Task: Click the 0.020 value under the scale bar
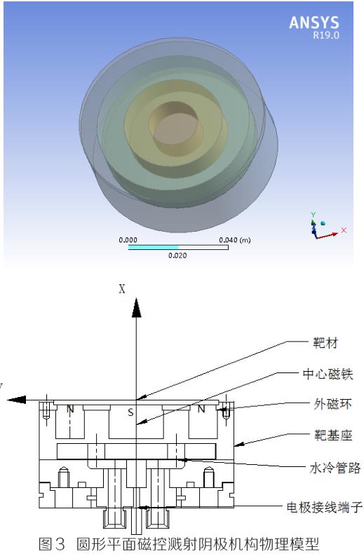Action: point(179,256)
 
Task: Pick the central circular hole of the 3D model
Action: point(170,124)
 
